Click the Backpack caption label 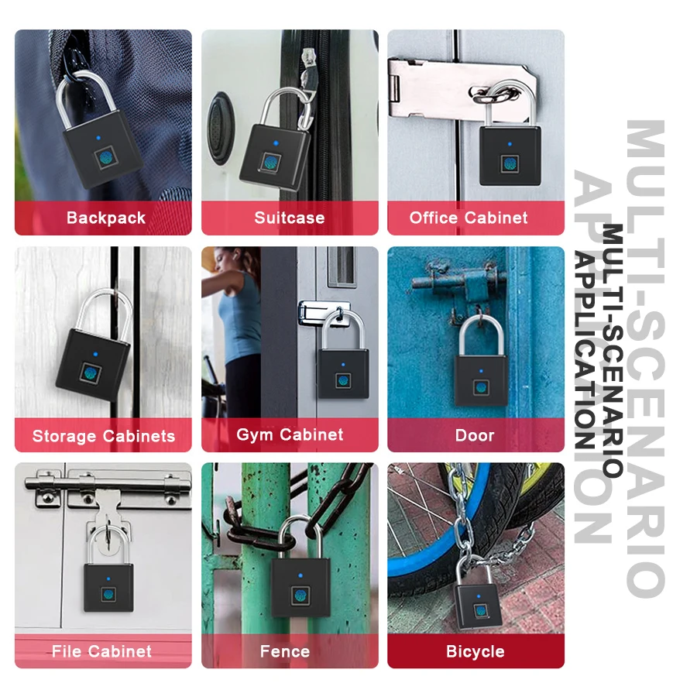(x=105, y=218)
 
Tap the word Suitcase (x=290, y=218)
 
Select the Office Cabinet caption (x=469, y=218)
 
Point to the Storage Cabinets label (x=104, y=436)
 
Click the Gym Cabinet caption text (x=290, y=434)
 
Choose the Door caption (x=475, y=435)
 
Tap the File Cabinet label (x=102, y=651)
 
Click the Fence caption (x=285, y=651)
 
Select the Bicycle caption (x=475, y=652)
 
